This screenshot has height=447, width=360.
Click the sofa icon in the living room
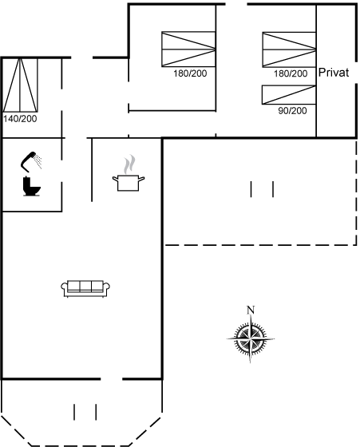click(85, 289)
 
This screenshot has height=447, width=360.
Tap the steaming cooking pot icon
click(129, 173)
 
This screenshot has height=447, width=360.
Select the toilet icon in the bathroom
click(31, 187)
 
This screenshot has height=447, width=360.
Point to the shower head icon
click(29, 161)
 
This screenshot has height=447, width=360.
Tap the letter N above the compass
click(251, 310)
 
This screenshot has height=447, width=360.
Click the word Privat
click(334, 73)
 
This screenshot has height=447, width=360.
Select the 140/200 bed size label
click(20, 119)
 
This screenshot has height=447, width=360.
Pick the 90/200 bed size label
click(292, 111)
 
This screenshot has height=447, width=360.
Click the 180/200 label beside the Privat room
click(291, 73)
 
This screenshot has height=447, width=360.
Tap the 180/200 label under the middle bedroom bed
click(190, 73)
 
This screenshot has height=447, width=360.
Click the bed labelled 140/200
click(20, 85)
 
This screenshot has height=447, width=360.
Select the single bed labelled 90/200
click(289, 95)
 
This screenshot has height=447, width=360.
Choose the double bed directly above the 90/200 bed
click(289, 49)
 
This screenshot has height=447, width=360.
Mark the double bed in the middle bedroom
click(188, 49)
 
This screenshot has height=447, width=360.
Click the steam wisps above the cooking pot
click(129, 164)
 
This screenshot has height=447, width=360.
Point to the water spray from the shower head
click(38, 160)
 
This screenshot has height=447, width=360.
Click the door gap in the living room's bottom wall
click(112, 379)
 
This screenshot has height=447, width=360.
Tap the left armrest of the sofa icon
click(64, 287)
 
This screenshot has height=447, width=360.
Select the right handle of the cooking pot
click(141, 179)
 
